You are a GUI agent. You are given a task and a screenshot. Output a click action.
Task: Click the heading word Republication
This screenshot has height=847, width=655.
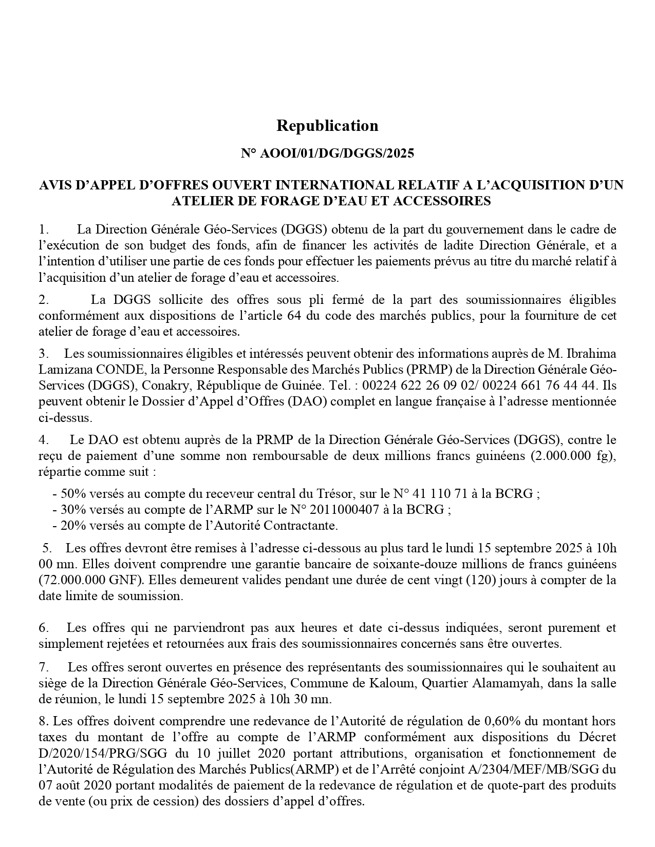pyautogui.click(x=327, y=126)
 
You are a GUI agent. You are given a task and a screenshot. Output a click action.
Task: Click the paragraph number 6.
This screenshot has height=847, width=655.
pyautogui.click(x=43, y=628)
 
